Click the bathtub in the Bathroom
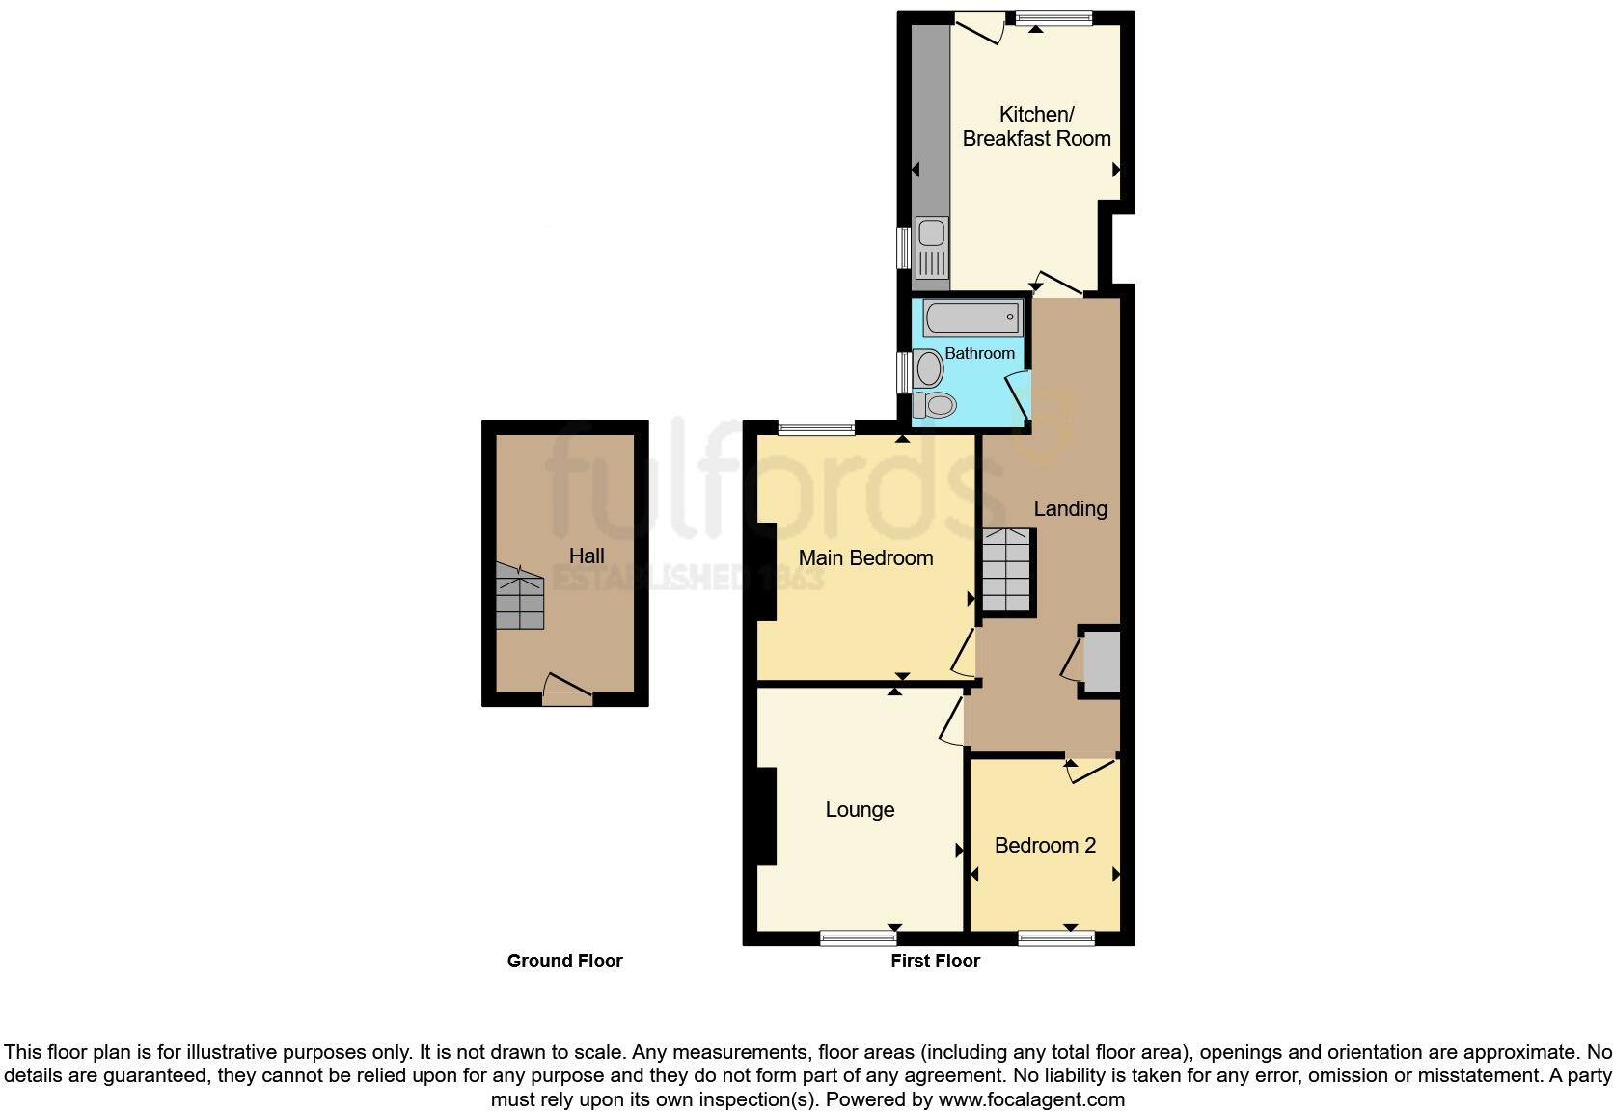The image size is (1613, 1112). [972, 317]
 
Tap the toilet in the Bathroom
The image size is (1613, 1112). [934, 404]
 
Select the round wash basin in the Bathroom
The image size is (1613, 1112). [928, 368]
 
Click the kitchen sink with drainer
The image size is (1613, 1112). [932, 248]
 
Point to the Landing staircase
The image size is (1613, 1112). [1007, 570]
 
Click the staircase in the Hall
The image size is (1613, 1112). [519, 596]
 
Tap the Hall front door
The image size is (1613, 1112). [567, 690]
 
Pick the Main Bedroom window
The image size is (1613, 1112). [816, 428]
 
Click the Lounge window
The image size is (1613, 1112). [859, 937]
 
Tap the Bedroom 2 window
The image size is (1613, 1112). [1056, 937]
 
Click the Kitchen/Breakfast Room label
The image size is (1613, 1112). [1037, 126]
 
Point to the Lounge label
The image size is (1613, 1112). [860, 810]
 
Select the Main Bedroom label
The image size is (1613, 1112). [865, 557]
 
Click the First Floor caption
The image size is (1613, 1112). [936, 961]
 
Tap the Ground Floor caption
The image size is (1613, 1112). [564, 961]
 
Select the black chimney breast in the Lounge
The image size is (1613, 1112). [767, 816]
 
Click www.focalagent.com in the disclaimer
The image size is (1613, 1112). [1031, 1099]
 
